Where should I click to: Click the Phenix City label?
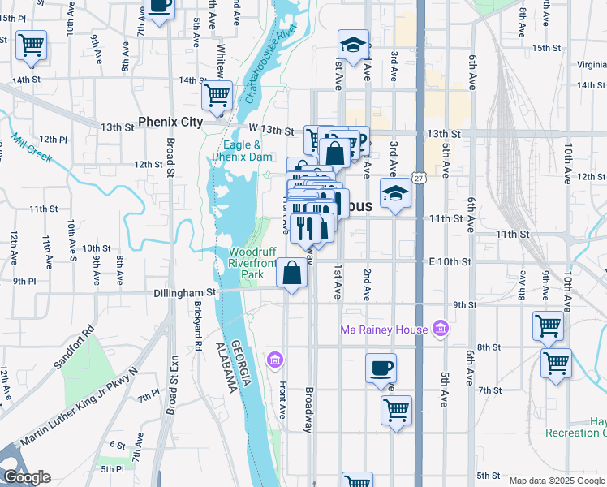click(170, 122)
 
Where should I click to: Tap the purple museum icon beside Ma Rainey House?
click(441, 329)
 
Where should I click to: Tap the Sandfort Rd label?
click(74, 348)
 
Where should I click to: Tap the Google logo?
click(27, 477)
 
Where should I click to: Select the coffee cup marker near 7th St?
click(381, 369)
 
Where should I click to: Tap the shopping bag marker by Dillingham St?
click(292, 274)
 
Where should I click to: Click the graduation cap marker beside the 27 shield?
click(395, 195)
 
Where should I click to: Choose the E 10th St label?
click(450, 261)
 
